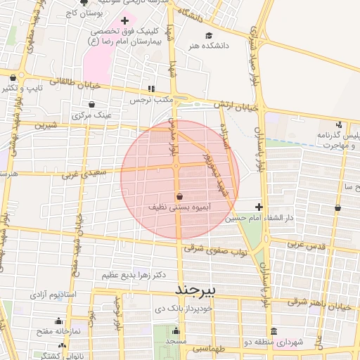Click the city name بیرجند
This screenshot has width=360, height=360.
pyautogui.click(x=193, y=290)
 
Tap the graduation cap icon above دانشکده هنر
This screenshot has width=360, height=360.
pyautogui.click(x=208, y=36)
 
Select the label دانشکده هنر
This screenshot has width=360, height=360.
pyautogui.click(x=207, y=46)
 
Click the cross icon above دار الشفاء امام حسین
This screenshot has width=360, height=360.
pyautogui.click(x=259, y=207)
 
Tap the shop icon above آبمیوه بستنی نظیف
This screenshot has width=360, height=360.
pyautogui.click(x=179, y=197)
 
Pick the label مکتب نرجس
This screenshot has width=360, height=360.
pyautogui.click(x=150, y=100)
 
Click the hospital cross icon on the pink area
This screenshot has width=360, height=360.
pyautogui.click(x=124, y=21)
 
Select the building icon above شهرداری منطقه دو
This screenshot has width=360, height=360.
pyautogui.click(x=274, y=332)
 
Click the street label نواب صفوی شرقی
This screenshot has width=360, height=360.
pyautogui.click(x=213, y=248)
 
